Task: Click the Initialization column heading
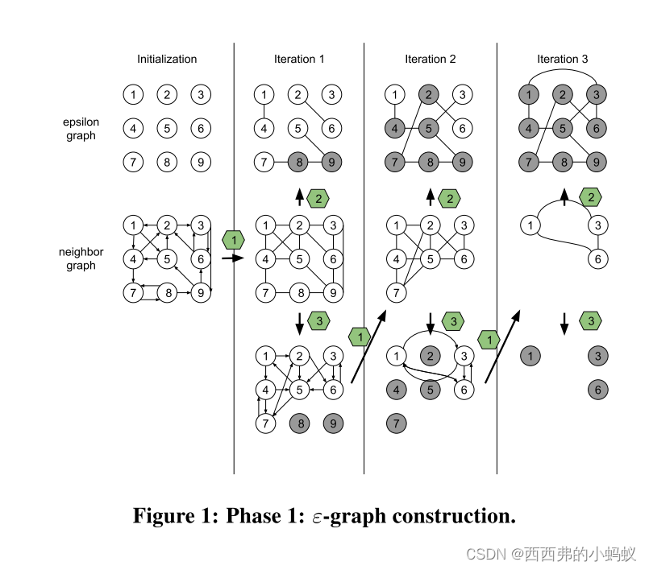pyautogui.click(x=167, y=59)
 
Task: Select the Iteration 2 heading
pyautogui.click(x=430, y=59)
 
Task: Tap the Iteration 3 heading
pyautogui.click(x=562, y=59)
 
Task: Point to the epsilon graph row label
pyautogui.click(x=81, y=129)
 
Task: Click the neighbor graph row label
pyautogui.click(x=81, y=258)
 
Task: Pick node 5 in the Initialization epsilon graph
pyautogui.click(x=166, y=128)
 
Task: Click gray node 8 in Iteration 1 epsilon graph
pyautogui.click(x=298, y=162)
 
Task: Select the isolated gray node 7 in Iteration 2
pyautogui.click(x=397, y=423)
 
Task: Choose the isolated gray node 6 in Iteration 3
pyautogui.click(x=596, y=389)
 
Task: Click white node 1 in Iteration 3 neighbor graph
pyautogui.click(x=530, y=225)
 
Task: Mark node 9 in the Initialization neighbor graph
pyautogui.click(x=200, y=292)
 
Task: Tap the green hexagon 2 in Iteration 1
pyautogui.click(x=321, y=197)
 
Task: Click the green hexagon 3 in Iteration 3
pyautogui.click(x=590, y=321)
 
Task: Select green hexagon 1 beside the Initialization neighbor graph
pyautogui.click(x=234, y=239)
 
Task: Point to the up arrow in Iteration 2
pyautogui.click(x=431, y=196)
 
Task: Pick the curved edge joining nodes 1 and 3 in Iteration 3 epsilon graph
pyautogui.click(x=562, y=72)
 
